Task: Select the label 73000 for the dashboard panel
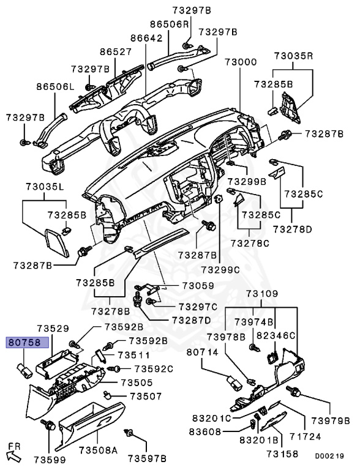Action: [x=240, y=62]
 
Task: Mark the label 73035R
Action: [x=294, y=56]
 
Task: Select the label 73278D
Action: [x=293, y=229]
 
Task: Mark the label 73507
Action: [x=141, y=396]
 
